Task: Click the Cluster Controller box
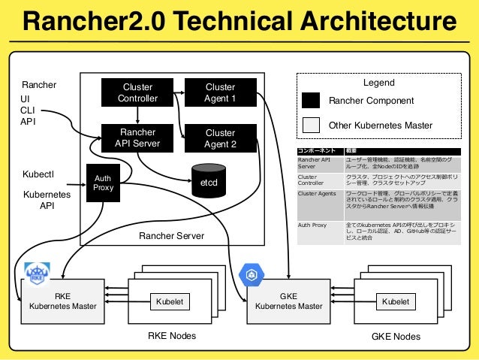click(x=137, y=92)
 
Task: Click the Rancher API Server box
click(x=137, y=138)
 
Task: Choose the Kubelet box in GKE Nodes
click(x=396, y=301)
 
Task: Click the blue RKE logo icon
click(x=35, y=272)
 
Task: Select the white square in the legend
click(x=310, y=125)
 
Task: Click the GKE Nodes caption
click(x=396, y=336)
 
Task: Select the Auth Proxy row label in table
click(x=312, y=224)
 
